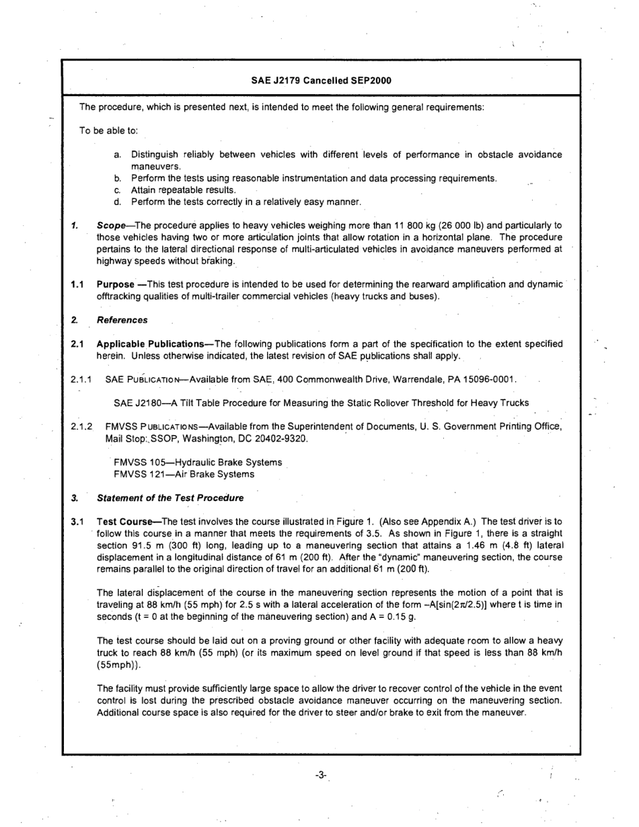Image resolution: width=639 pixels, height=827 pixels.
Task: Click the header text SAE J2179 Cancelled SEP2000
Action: (321, 80)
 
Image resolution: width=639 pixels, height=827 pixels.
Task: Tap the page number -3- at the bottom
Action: (320, 775)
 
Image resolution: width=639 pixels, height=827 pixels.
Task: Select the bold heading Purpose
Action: (116, 285)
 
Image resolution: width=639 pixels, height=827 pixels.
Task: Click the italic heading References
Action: (122, 320)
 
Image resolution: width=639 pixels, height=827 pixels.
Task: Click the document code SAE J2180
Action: (139, 403)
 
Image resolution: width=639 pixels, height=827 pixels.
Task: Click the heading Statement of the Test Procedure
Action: (170, 498)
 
